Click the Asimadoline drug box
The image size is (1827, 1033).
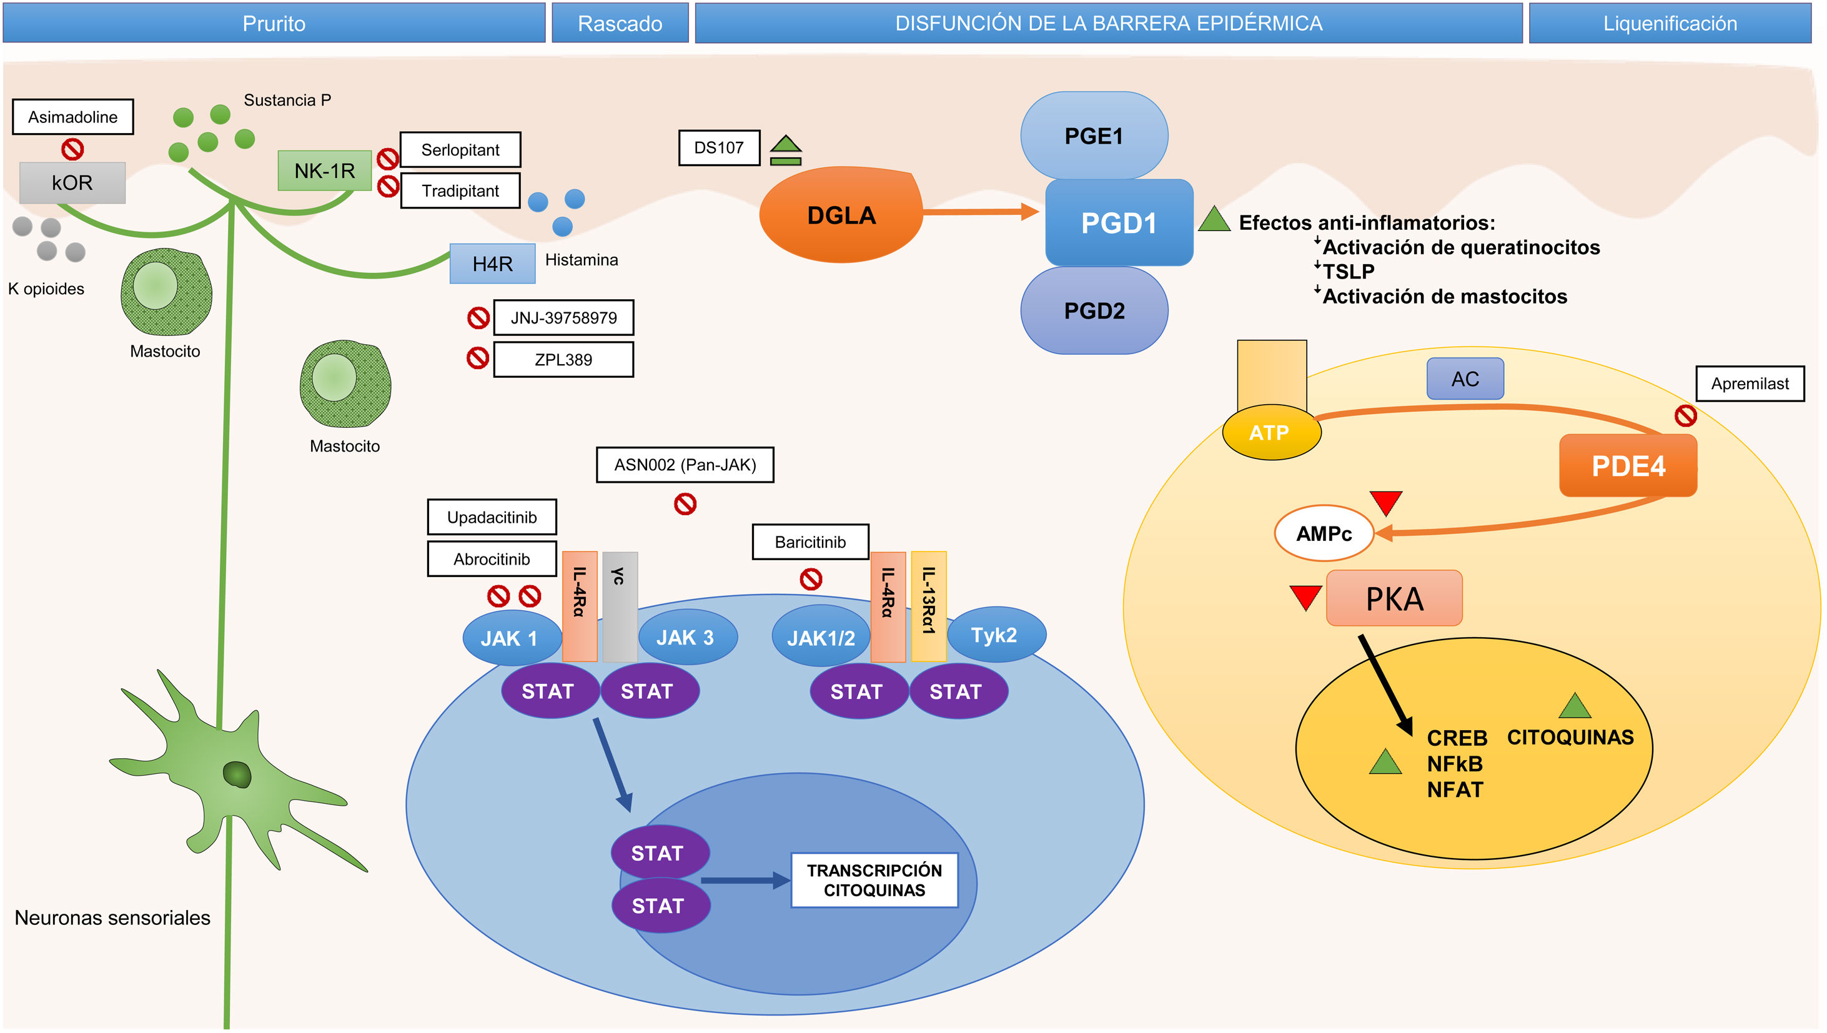click(72, 117)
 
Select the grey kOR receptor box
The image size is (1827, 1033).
click(72, 183)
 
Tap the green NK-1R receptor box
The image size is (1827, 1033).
click(324, 171)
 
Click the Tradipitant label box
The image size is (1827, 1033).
click(460, 191)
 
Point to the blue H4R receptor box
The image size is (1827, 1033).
click(492, 264)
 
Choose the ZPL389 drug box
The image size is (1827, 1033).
click(563, 360)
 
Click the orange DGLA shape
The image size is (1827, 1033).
click(841, 215)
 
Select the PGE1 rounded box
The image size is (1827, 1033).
click(1093, 136)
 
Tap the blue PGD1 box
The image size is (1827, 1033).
click(1119, 223)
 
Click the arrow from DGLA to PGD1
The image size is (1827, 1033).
click(980, 212)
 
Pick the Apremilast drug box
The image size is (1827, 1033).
click(1749, 384)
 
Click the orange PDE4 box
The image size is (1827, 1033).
click(1628, 466)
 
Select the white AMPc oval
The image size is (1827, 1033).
click(1324, 533)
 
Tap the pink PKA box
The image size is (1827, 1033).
click(1394, 599)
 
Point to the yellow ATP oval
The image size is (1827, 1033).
click(1270, 432)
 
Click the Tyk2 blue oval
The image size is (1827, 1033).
click(995, 635)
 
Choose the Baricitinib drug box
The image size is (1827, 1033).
click(810, 543)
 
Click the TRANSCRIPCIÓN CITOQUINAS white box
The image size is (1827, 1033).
click(874, 881)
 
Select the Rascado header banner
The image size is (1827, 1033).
click(620, 23)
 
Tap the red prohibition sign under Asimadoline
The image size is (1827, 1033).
click(72, 149)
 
